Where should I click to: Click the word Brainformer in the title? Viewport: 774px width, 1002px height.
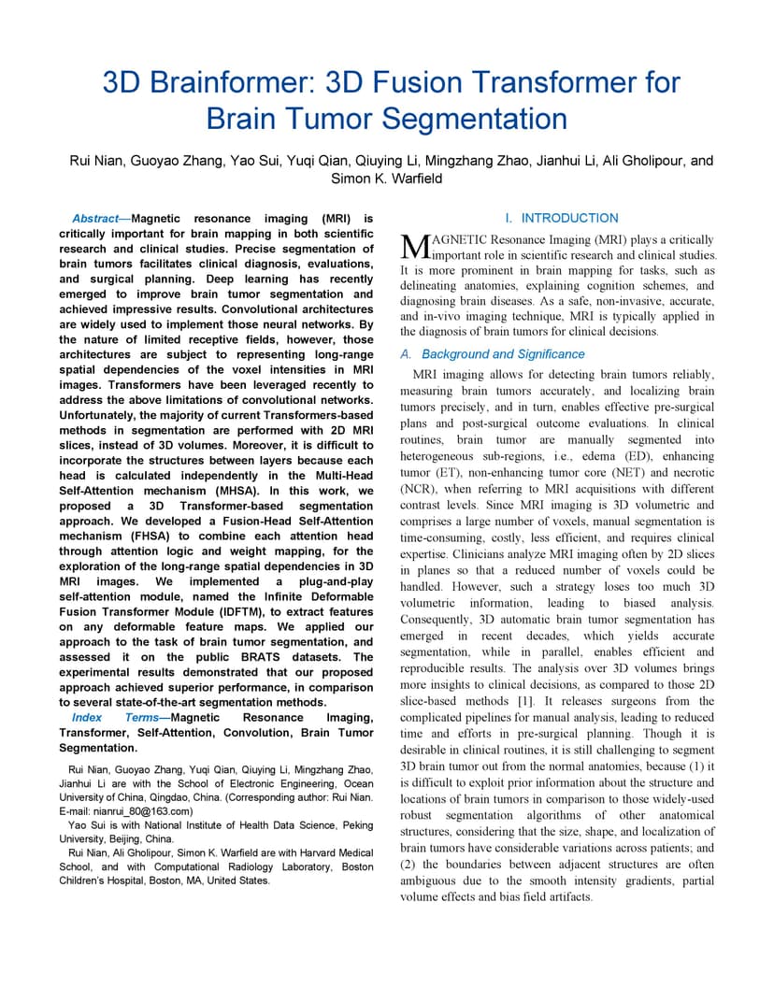pos(225,82)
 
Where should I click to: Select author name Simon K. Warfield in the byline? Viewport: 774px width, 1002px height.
pos(387,179)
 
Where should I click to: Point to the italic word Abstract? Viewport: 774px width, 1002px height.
pos(94,219)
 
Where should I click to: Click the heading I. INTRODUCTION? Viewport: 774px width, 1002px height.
pos(558,218)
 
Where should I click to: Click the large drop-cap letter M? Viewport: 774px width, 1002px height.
pos(412,246)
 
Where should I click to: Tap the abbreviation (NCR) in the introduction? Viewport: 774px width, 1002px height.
pos(417,489)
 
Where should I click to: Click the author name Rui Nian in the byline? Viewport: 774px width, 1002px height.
pos(95,161)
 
